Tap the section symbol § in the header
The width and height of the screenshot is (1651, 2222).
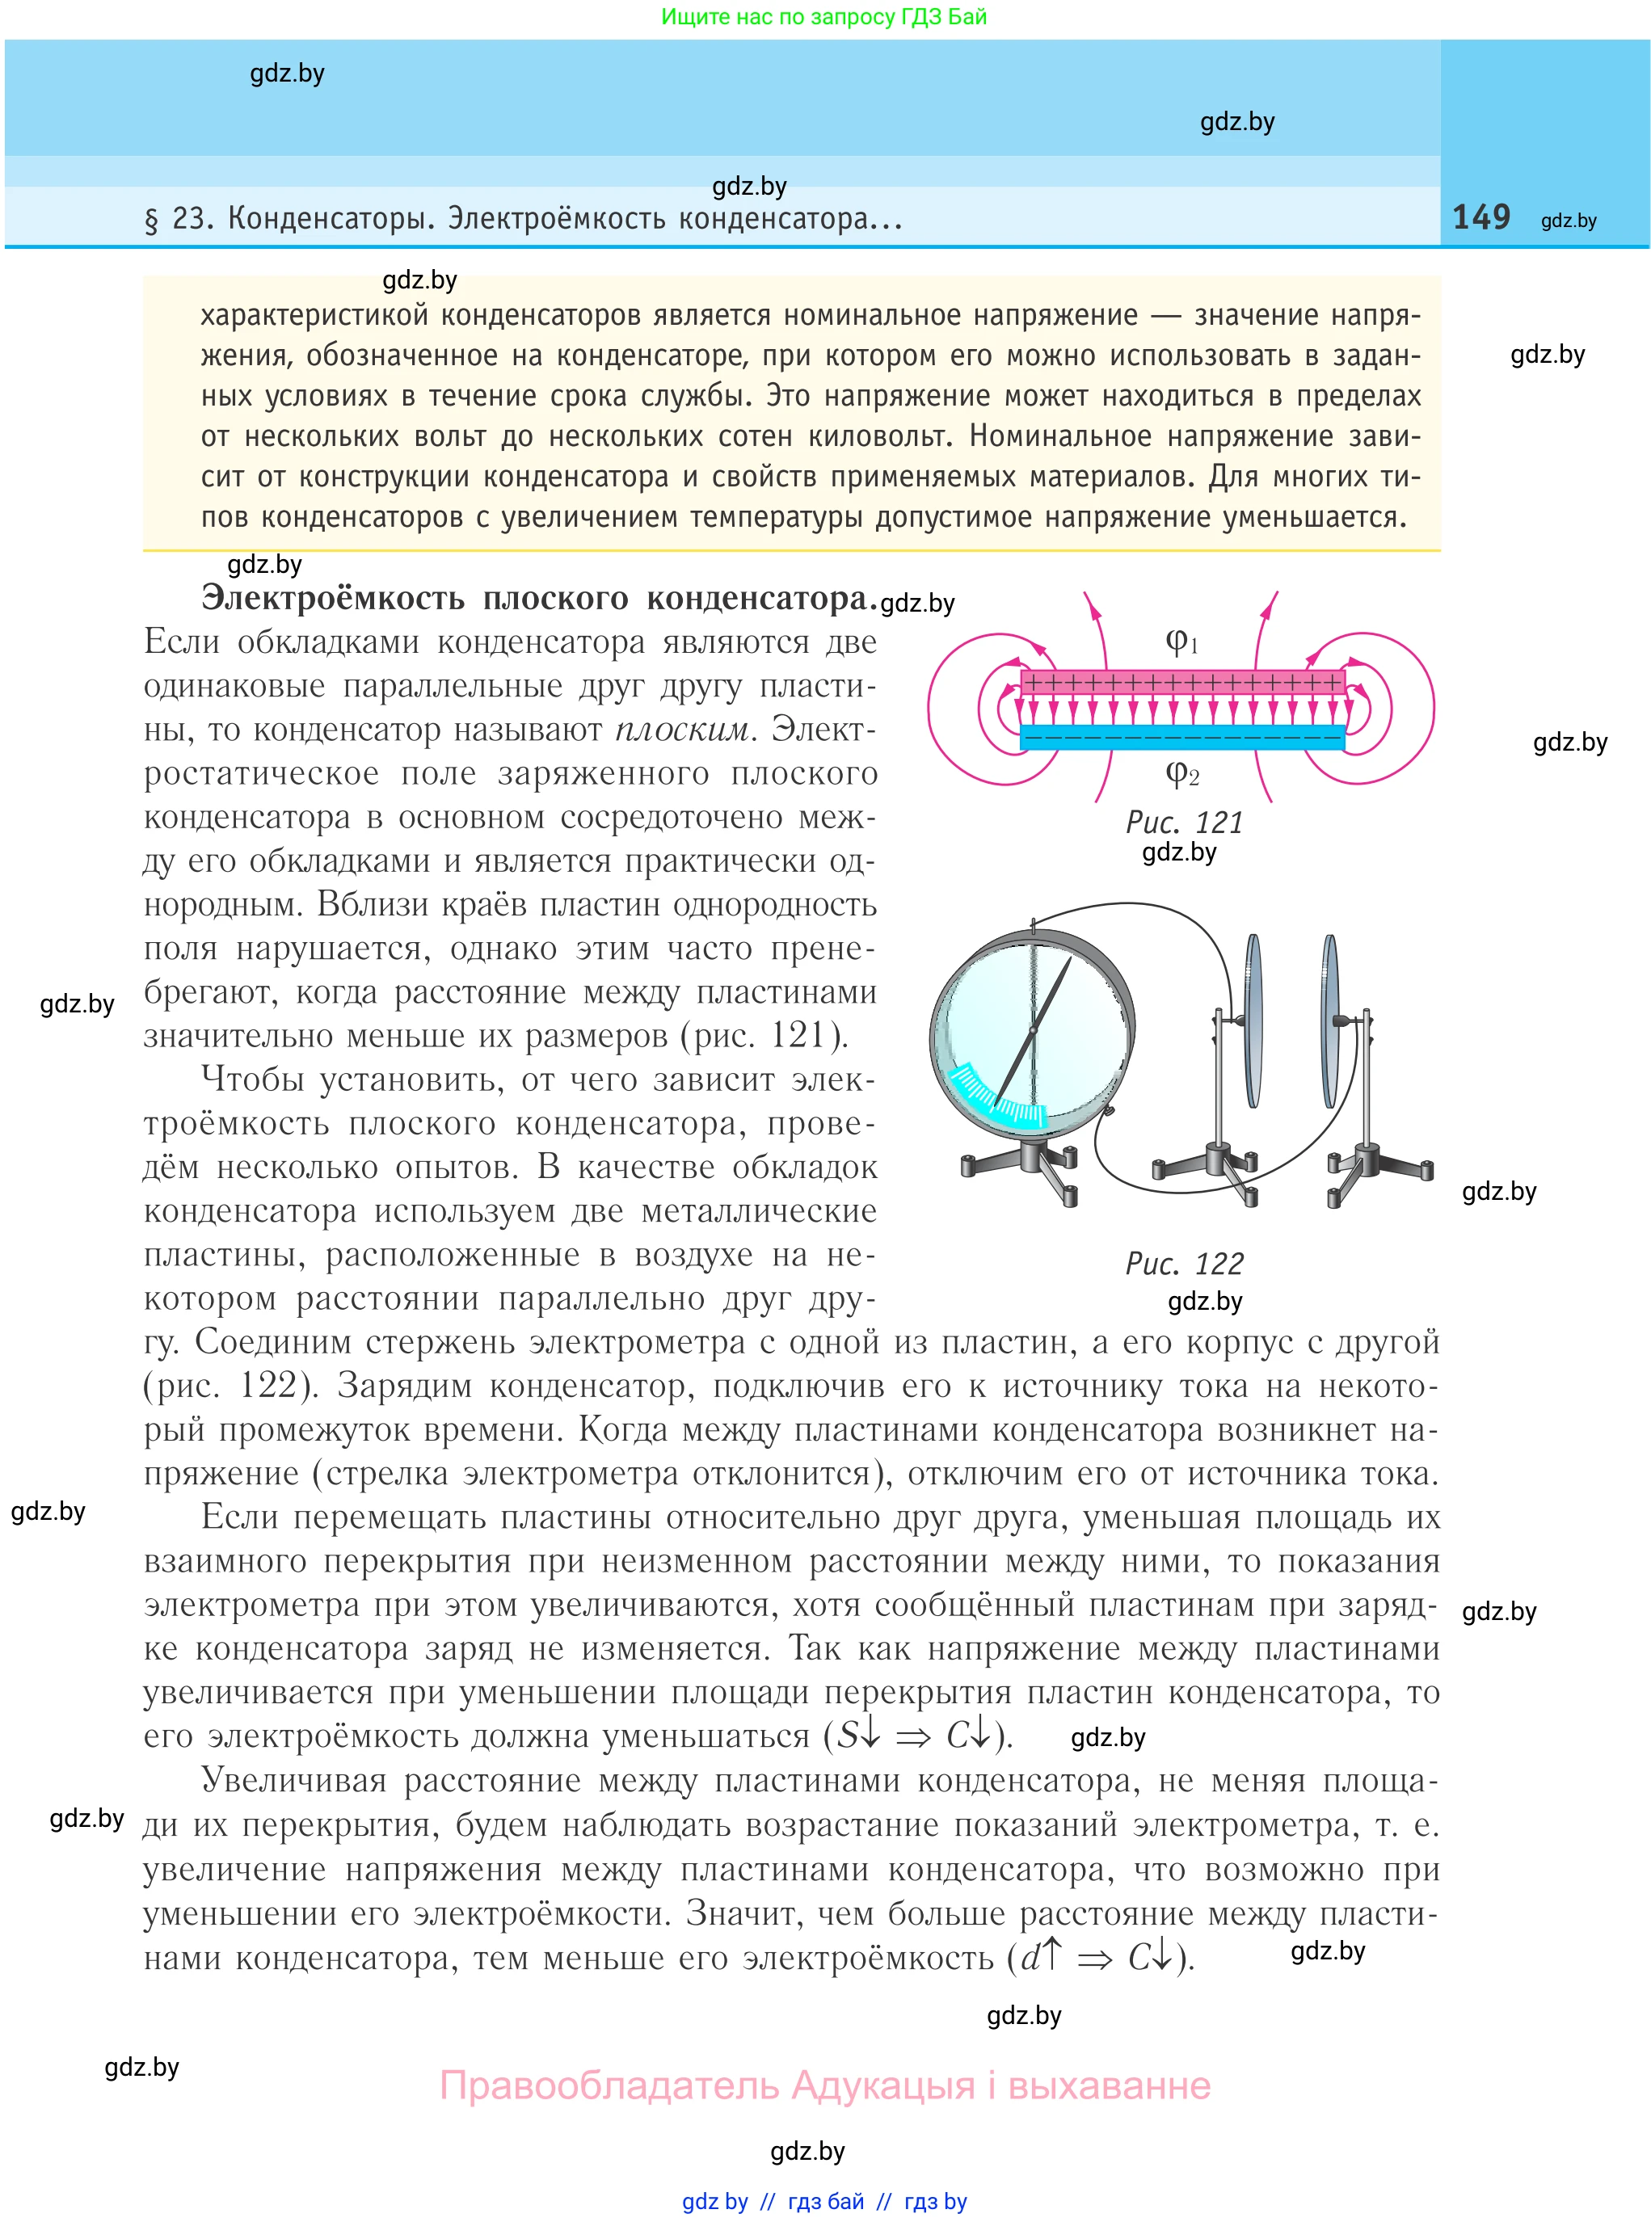152,220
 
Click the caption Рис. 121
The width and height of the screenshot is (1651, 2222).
1184,823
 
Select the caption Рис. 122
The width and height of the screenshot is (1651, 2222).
1184,1264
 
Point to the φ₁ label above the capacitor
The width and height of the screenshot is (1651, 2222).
1181,641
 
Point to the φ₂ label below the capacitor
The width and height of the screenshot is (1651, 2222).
1181,772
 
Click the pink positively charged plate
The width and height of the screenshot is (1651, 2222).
1182,683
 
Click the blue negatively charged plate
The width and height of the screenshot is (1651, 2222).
1182,739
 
